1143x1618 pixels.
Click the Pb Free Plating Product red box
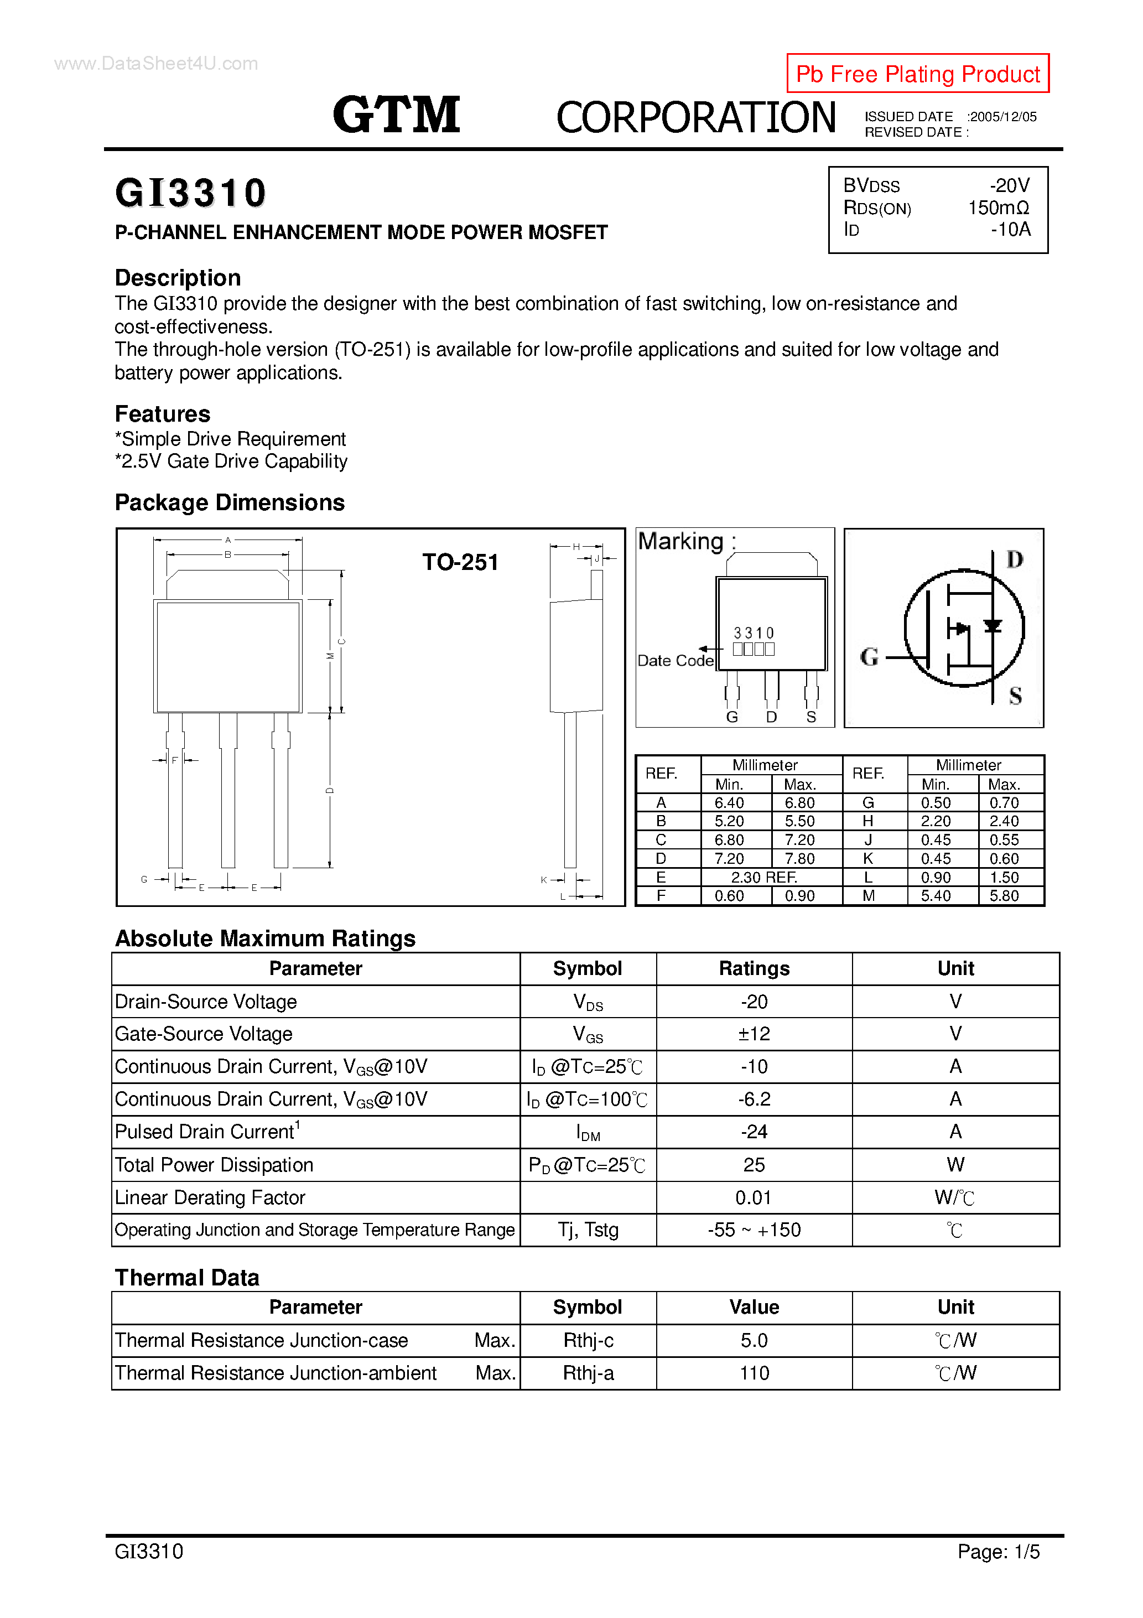[917, 73]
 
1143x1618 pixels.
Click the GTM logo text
[396, 115]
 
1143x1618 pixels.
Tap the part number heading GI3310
[190, 193]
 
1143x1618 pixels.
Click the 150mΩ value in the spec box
[998, 208]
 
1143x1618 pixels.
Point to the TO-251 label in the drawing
[460, 562]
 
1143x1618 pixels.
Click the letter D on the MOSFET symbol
[1014, 559]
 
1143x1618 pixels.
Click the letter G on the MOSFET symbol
[869, 657]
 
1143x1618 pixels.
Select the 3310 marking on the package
[754, 633]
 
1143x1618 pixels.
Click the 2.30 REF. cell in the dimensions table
[764, 878]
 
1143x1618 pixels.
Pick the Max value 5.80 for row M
[1004, 896]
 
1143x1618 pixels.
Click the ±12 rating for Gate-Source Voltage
[754, 1034]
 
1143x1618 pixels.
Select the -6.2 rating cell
[754, 1100]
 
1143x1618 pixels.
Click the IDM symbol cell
[588, 1133]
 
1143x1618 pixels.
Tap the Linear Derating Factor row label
[210, 1198]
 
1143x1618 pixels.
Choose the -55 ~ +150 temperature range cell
[754, 1231]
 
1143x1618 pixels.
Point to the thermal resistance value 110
[754, 1373]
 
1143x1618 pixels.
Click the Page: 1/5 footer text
[998, 1551]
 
